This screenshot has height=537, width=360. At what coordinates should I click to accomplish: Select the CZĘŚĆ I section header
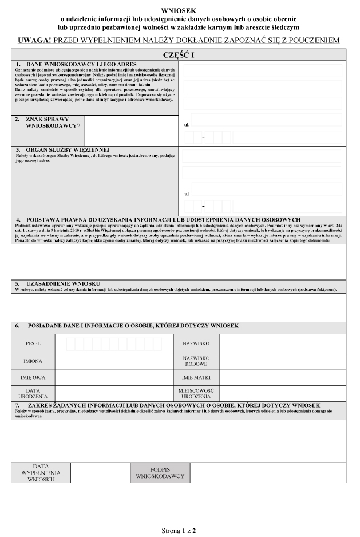coord(179,54)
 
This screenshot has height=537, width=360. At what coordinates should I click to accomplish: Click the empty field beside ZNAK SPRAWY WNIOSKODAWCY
coord(131,130)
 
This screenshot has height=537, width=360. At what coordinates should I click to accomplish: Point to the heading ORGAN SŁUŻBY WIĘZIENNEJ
coord(68,150)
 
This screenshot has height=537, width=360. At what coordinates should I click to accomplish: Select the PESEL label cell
coord(33,343)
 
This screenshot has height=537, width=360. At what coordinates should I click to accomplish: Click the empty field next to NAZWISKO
coord(282,343)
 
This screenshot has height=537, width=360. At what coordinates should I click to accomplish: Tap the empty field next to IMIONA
coord(114,361)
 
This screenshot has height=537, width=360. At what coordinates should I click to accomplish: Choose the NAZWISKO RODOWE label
coord(196,361)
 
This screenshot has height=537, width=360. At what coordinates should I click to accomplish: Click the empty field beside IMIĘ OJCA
coord(114,378)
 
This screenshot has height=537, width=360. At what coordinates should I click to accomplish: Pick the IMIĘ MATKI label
coord(196,378)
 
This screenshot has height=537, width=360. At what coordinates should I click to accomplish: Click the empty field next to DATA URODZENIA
coord(114,393)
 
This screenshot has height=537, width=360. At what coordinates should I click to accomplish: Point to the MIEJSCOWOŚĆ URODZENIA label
coord(196,393)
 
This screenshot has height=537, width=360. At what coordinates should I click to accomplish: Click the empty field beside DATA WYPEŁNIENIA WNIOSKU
coord(100,472)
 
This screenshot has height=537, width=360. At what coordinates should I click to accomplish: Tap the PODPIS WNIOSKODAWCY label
coord(160,472)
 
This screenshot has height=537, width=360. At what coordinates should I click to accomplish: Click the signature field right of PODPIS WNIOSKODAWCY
coord(268,472)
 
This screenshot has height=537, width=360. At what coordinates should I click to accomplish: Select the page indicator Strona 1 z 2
coord(180,531)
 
